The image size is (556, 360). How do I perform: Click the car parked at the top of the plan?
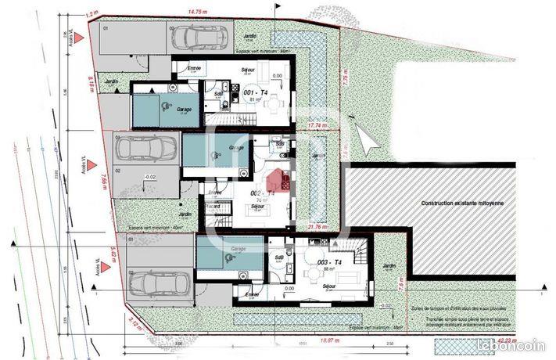pos(200,35)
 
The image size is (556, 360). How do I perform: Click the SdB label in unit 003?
pos(279,257)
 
